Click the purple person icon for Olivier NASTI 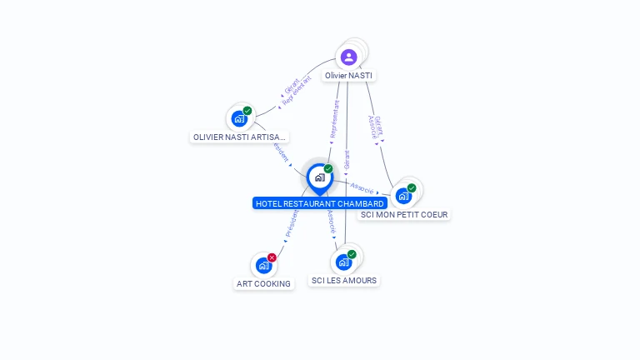348,57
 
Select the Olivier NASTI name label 349,76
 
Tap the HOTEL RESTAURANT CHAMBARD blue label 320,203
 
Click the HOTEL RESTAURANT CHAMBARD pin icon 319,177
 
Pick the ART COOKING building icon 263,266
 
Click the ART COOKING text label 263,283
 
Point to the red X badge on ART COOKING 272,257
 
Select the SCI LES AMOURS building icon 343,262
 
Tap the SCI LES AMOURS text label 343,281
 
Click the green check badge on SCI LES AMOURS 352,254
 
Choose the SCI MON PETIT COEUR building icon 403,196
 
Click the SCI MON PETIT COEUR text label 404,214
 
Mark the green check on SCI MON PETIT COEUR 412,187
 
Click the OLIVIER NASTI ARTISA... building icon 239,118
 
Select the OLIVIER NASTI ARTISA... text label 240,137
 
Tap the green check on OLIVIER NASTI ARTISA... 247,111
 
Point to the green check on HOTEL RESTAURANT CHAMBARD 328,169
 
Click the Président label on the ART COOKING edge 292,223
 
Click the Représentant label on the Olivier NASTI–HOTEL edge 335,120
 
